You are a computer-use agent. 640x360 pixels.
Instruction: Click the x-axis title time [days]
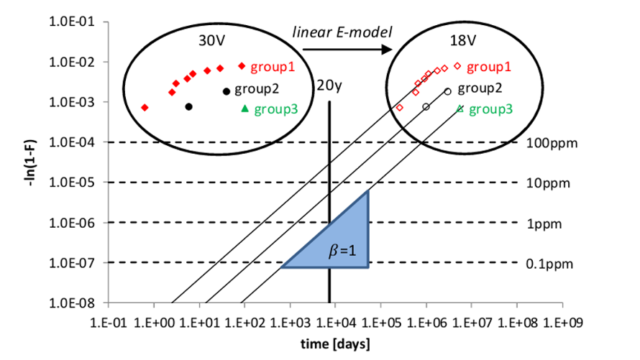[336, 344]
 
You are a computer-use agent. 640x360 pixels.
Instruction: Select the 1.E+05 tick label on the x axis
[381, 323]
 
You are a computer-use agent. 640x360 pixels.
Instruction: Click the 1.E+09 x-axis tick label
[563, 323]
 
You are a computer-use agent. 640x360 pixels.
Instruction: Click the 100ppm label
[552, 143]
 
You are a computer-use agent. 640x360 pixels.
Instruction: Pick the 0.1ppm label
[549, 264]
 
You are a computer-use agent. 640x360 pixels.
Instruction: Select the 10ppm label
[548, 183]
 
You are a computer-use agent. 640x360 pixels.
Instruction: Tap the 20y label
[329, 86]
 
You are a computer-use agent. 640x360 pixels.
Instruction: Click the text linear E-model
[342, 32]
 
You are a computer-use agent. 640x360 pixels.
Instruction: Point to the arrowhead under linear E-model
[387, 50]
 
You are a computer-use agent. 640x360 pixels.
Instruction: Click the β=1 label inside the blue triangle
[342, 250]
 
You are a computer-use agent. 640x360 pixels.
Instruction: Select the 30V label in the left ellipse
[212, 41]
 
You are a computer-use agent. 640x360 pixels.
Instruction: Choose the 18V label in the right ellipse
[463, 41]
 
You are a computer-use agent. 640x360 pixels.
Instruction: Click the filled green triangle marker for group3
[245, 109]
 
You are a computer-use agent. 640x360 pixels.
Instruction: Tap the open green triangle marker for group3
[460, 109]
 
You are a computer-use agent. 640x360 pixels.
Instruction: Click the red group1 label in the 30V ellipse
[273, 67]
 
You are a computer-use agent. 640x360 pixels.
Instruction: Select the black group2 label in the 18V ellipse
[480, 88]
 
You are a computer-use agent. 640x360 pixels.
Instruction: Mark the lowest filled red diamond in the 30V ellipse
[145, 108]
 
